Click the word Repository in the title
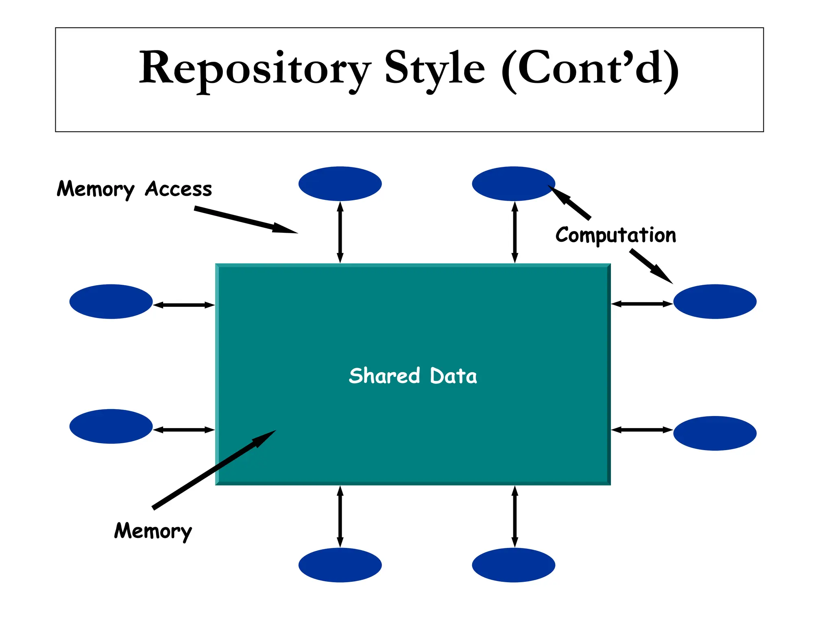(254, 68)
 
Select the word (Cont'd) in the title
(590, 68)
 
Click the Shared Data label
(413, 376)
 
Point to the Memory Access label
(134, 189)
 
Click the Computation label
(616, 235)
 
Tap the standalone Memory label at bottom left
(153, 531)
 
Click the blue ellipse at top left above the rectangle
(340, 184)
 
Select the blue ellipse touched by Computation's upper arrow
(513, 184)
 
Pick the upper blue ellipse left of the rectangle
(111, 301)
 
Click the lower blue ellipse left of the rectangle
(111, 426)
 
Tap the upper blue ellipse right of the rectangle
(715, 301)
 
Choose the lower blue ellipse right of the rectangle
(715, 433)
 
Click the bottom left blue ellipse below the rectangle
(340, 565)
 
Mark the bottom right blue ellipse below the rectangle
(513, 565)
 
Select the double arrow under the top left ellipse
(340, 232)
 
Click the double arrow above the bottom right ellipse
(515, 516)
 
